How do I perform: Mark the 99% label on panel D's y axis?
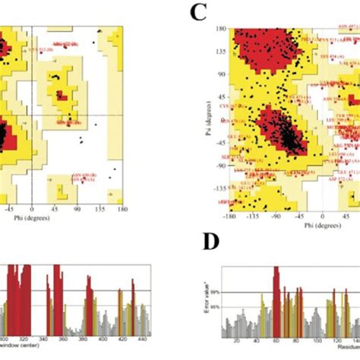216,291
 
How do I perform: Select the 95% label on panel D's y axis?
216,307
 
